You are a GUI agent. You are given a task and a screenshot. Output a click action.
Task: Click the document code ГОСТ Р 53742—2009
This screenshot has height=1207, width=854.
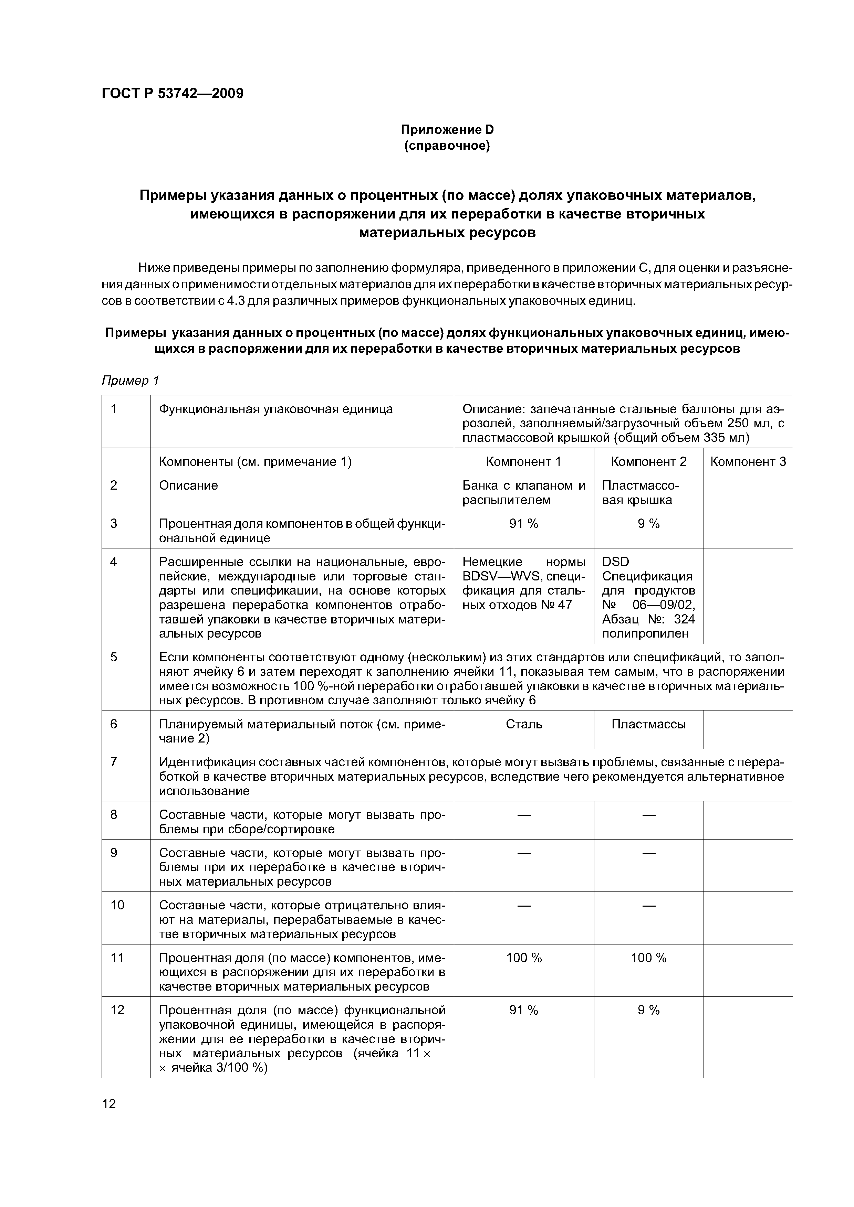pos(173,94)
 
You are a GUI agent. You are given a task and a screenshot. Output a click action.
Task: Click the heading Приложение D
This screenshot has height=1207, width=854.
pos(447,129)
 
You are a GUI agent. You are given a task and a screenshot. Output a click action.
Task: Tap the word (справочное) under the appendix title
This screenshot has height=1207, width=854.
pos(447,146)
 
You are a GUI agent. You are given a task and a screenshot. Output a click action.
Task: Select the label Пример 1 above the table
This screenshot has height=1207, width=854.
pos(130,381)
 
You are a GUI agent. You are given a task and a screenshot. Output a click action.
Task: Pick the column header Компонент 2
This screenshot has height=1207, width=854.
pos(649,461)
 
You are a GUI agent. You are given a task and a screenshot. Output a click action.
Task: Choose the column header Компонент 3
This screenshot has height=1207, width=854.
pos(748,461)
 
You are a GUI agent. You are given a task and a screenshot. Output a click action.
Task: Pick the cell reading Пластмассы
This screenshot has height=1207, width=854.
pos(649,724)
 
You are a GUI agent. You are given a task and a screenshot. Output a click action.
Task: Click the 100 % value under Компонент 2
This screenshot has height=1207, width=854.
pos(649,958)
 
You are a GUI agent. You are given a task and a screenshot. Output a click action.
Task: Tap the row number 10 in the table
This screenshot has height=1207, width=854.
pos(117,905)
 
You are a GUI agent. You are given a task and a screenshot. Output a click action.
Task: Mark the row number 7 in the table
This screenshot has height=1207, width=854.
pos(114,762)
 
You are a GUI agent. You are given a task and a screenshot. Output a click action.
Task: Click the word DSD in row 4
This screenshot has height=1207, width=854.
pos(616,562)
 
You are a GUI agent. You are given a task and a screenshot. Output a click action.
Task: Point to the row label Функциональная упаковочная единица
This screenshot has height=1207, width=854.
pos(276,409)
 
